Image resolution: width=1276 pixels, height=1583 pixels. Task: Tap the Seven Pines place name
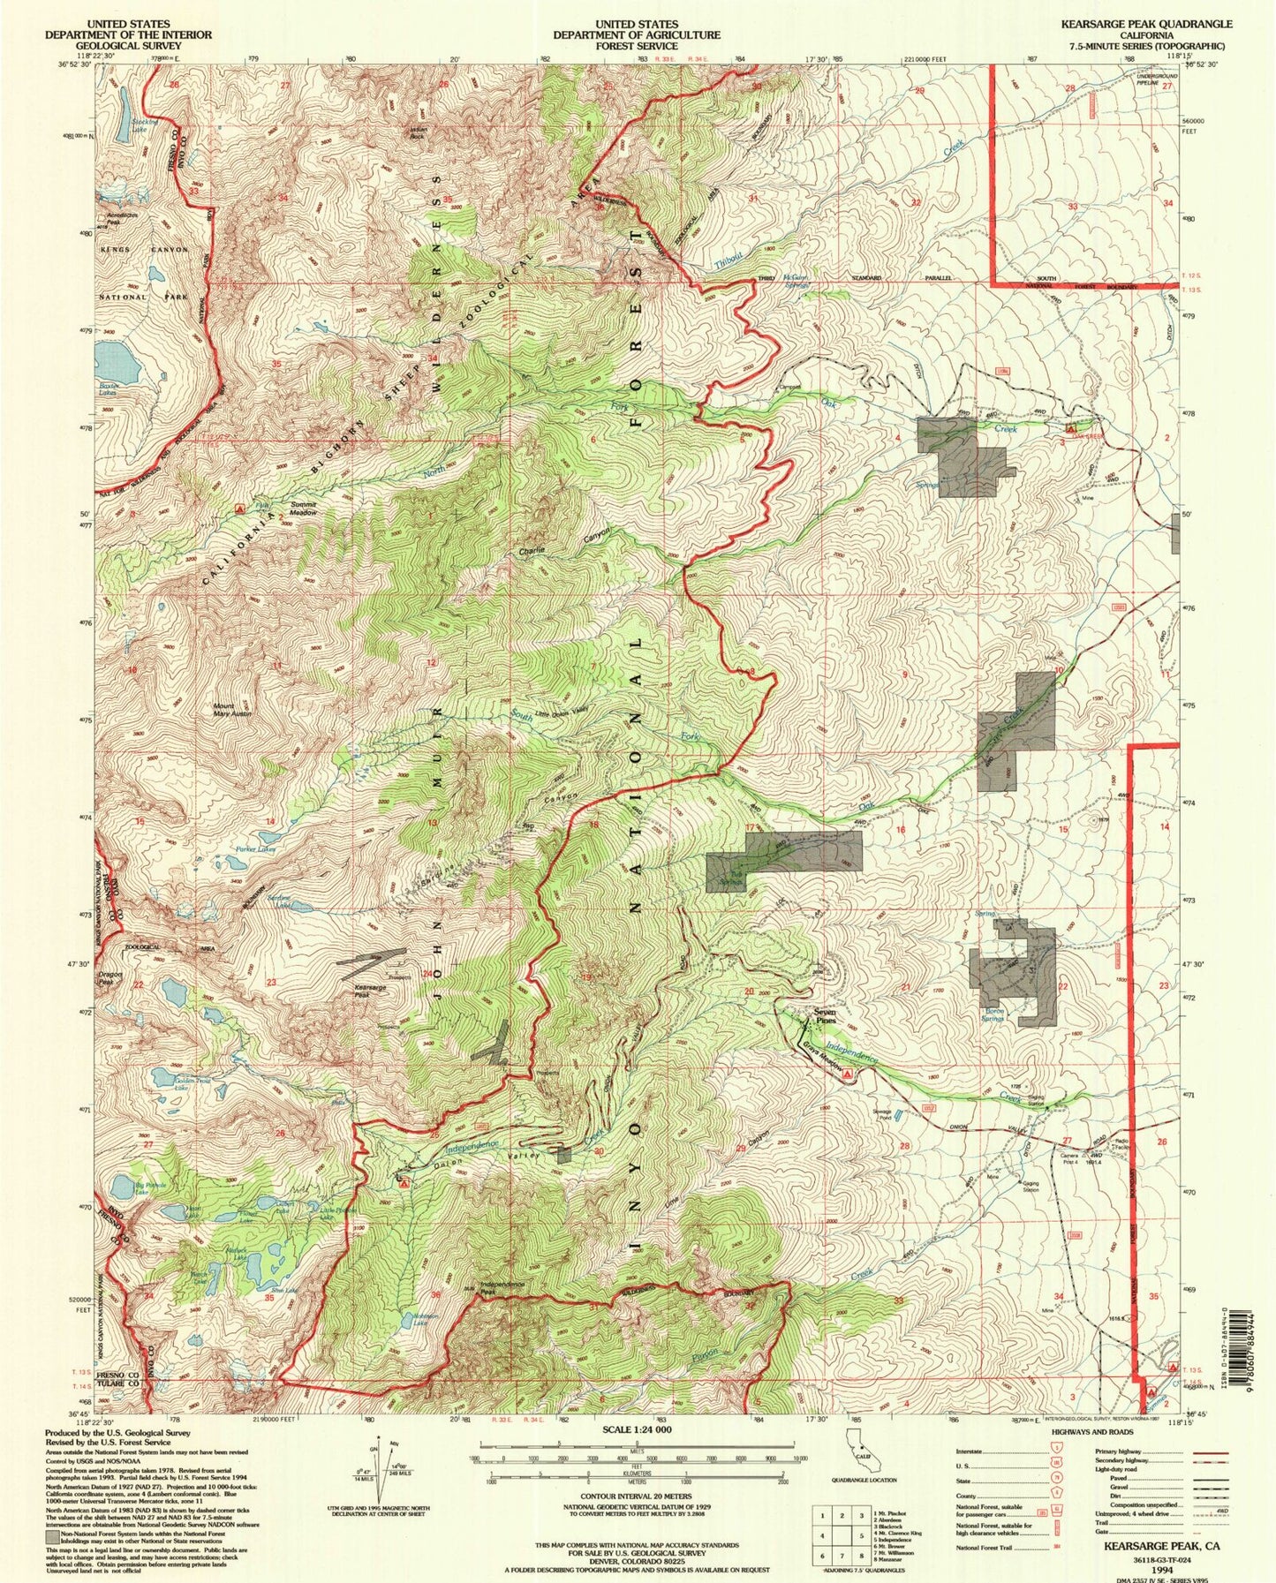click(x=824, y=1016)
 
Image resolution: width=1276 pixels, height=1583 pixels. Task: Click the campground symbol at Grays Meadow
click(x=848, y=1074)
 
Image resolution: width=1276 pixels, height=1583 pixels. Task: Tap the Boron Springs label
click(x=993, y=1015)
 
